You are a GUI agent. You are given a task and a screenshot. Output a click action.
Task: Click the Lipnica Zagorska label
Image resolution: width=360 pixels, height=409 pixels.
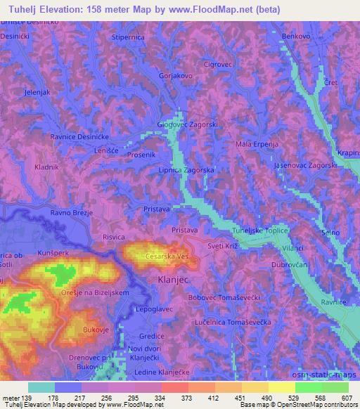point(186,171)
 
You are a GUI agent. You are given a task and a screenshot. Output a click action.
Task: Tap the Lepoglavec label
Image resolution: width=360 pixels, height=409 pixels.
point(155,309)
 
